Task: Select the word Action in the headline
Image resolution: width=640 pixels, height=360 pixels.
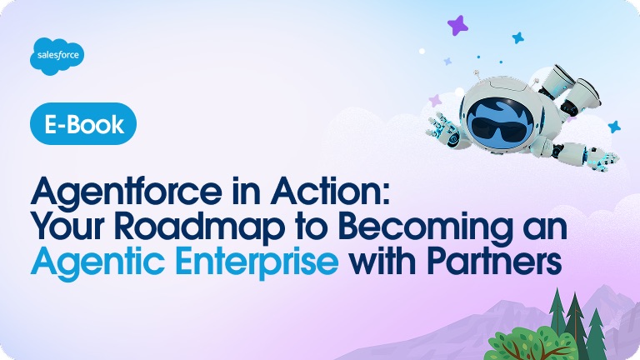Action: click(x=337, y=194)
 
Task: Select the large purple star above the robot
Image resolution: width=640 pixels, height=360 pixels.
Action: click(x=457, y=26)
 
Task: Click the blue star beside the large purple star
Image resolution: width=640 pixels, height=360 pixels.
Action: click(x=517, y=37)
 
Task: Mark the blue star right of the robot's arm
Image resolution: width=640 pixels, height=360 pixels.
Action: click(x=614, y=126)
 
